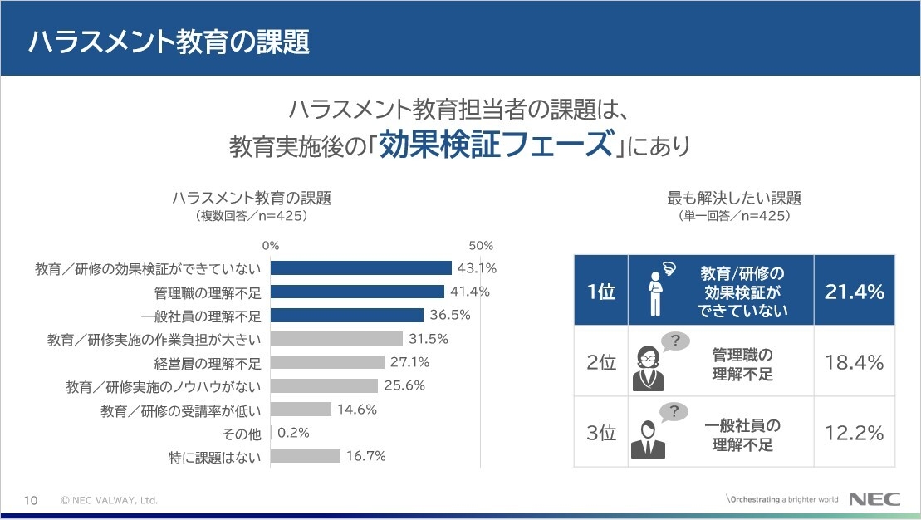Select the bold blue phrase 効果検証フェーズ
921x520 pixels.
click(x=494, y=145)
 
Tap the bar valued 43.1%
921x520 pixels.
click(x=361, y=268)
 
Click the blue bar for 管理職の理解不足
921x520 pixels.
click(x=358, y=292)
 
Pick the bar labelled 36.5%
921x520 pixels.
click(x=347, y=316)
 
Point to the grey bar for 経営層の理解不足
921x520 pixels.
click(x=327, y=362)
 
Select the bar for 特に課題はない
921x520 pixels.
click(x=306, y=456)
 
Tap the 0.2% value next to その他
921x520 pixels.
click(x=293, y=433)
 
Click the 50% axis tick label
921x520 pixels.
click(x=481, y=246)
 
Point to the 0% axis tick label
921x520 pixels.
click(x=271, y=246)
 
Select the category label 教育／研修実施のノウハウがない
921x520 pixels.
click(x=164, y=386)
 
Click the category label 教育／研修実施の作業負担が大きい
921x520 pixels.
click(x=154, y=339)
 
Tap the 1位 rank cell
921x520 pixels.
click(x=600, y=292)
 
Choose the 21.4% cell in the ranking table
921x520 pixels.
click(x=854, y=292)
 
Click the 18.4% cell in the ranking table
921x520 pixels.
click(x=854, y=363)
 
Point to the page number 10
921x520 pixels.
click(x=31, y=500)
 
